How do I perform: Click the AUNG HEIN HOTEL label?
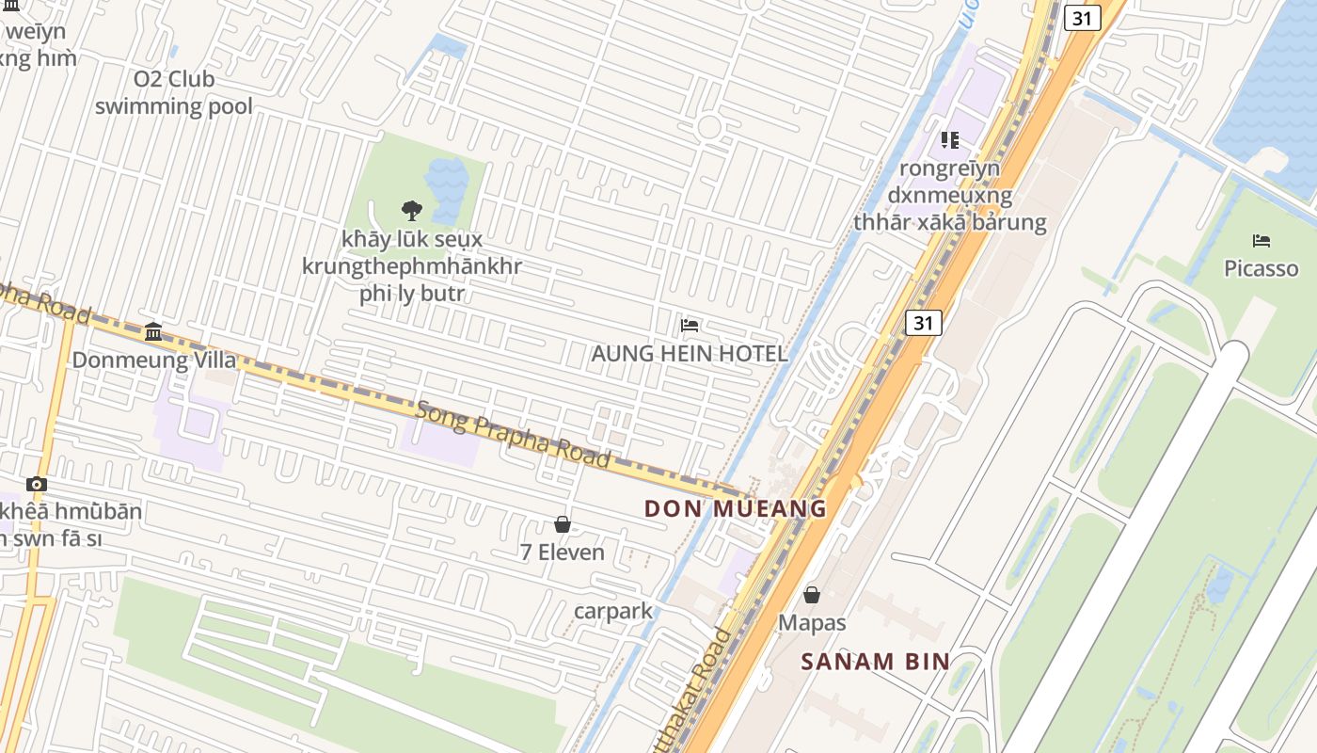689,354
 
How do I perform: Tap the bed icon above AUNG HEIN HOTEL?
690,327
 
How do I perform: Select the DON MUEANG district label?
735,509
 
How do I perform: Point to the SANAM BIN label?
875,661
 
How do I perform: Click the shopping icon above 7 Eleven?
563,524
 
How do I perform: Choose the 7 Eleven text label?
563,553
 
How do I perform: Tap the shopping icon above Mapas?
812,595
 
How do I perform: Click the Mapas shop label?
812,622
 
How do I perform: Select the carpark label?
613,611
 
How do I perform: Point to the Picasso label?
1261,268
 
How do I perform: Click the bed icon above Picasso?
1261,241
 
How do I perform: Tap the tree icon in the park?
411,211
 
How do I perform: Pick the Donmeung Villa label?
154,360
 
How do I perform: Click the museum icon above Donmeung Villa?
153,331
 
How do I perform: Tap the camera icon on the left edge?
37,484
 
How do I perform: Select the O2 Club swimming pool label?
174,92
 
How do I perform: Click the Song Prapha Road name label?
514,434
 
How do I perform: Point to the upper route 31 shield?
1082,18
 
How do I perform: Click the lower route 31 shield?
924,323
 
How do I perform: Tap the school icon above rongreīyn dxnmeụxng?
950,140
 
